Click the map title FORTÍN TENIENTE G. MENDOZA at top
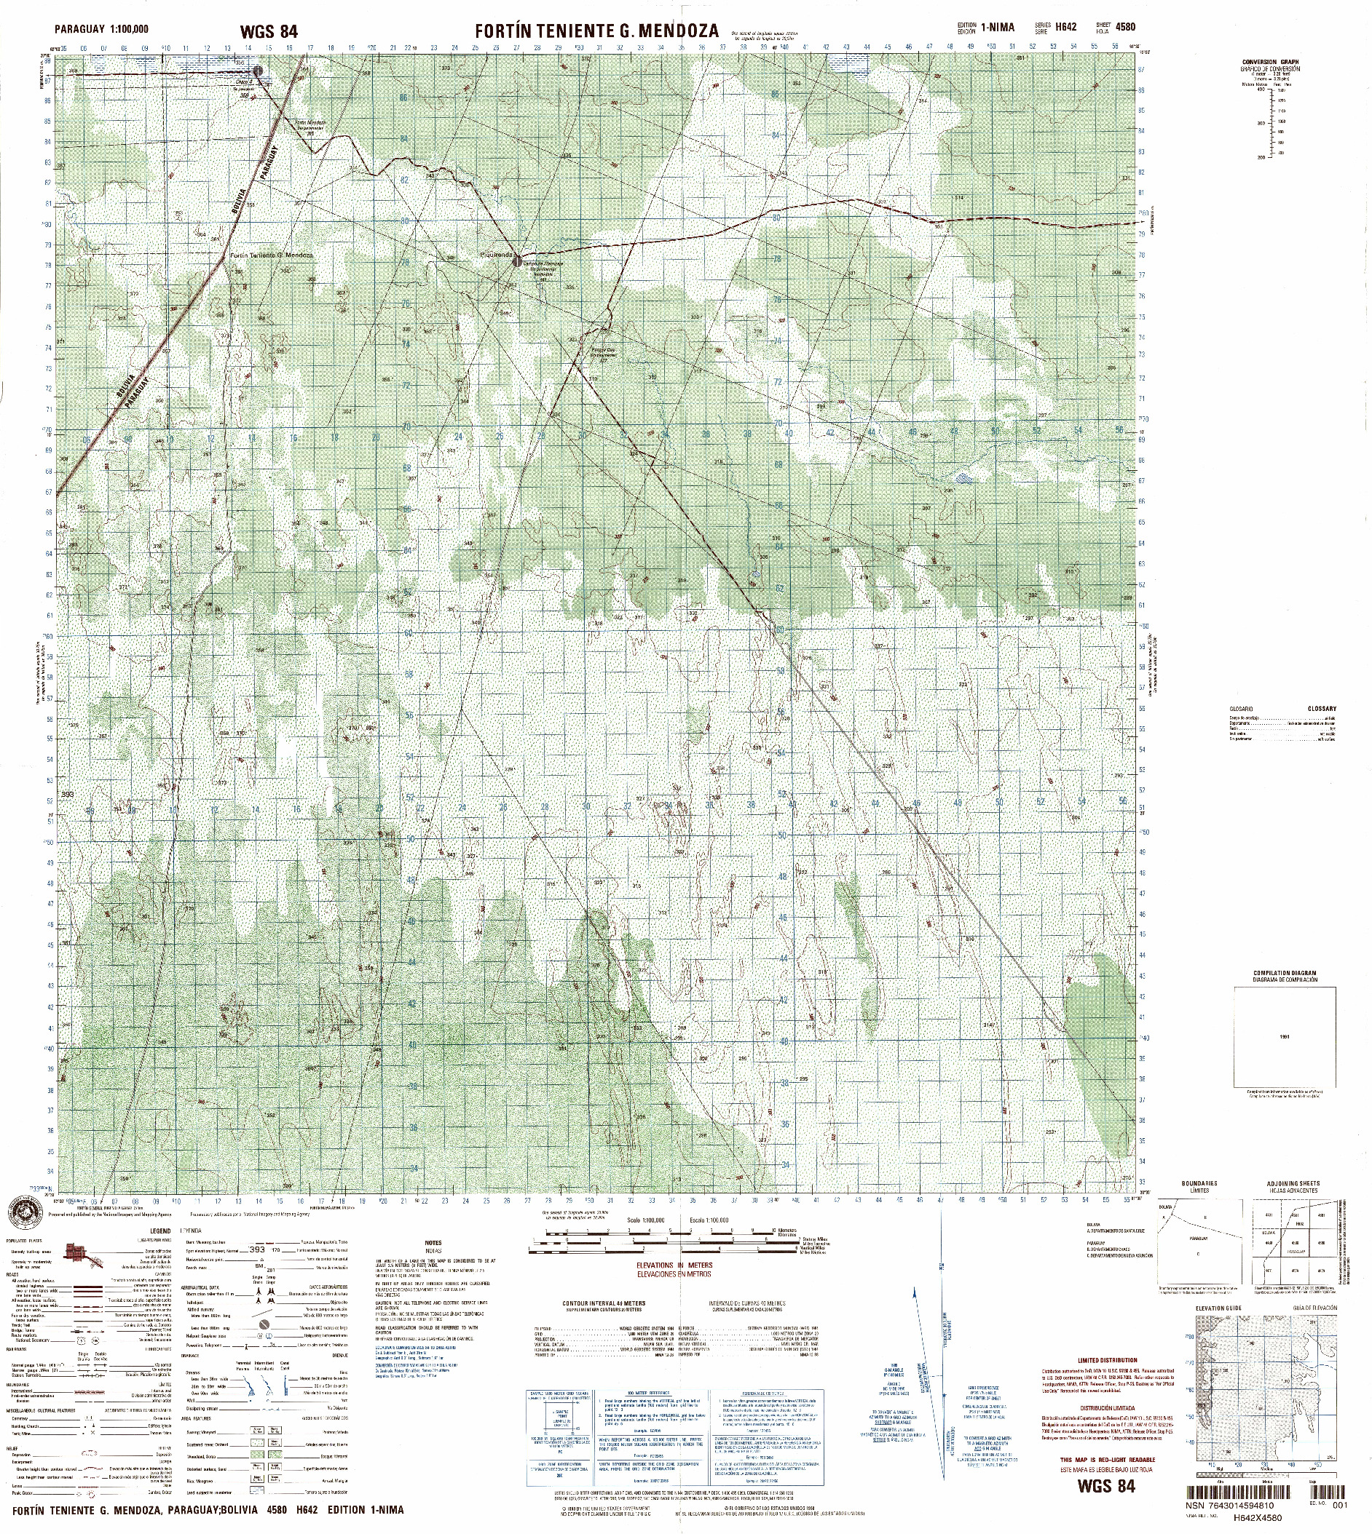596,31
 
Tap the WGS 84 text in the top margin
269,31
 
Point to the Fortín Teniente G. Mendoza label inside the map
272,255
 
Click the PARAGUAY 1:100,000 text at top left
101,29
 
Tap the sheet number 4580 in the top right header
1126,27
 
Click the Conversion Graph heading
1269,62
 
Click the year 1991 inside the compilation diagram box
1285,1037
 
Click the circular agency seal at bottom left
26,1212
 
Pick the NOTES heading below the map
433,1243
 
